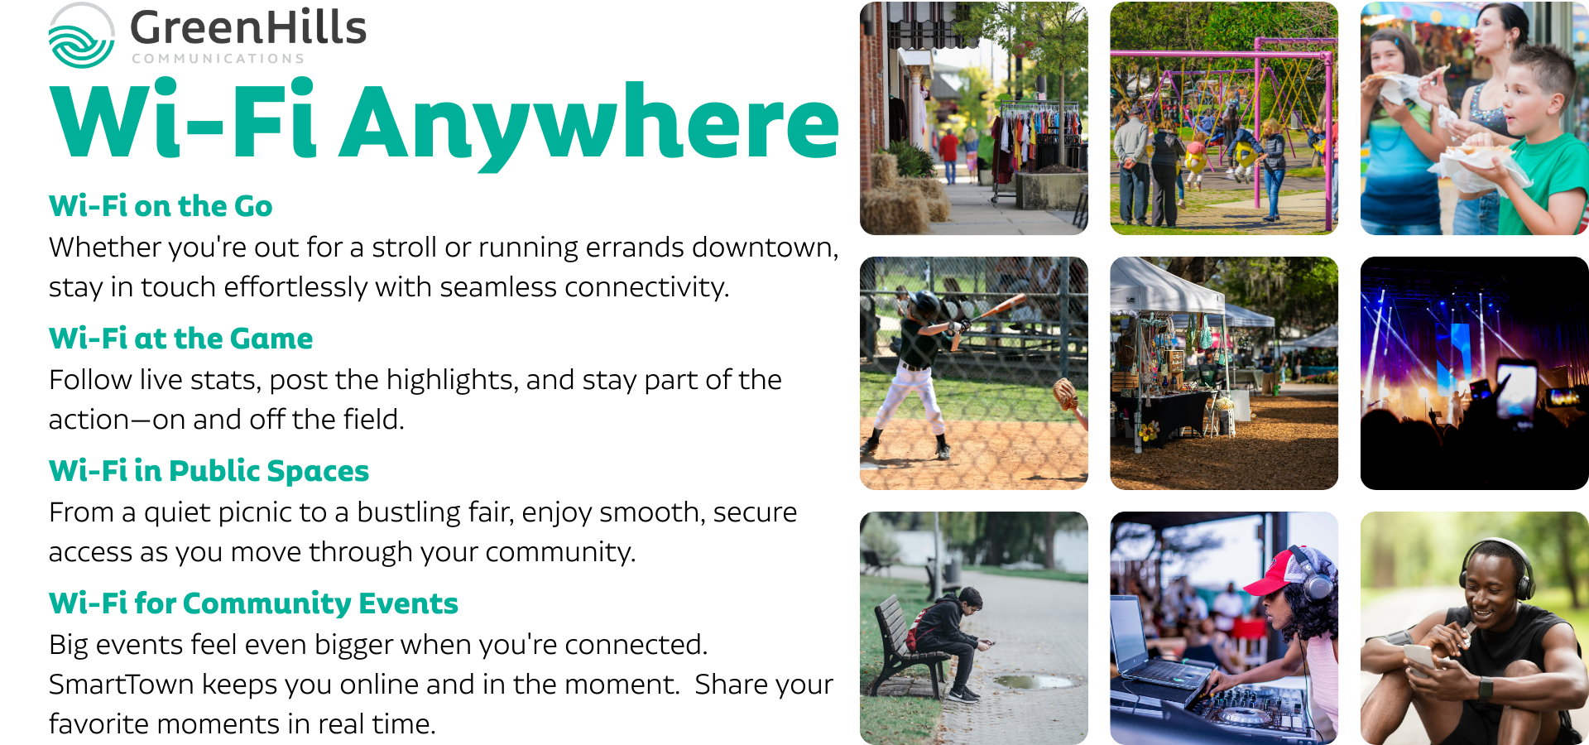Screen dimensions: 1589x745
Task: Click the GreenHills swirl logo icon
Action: click(x=81, y=36)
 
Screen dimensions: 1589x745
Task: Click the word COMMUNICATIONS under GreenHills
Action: click(x=218, y=59)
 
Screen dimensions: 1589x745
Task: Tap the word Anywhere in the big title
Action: click(x=591, y=124)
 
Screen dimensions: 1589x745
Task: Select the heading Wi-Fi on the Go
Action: click(x=161, y=206)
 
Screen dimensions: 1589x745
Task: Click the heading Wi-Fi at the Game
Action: click(x=180, y=339)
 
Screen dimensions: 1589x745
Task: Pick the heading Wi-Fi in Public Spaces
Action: click(x=209, y=471)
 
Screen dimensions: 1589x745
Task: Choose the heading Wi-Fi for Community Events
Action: click(x=253, y=603)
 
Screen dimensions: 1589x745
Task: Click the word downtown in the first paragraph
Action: click(x=766, y=248)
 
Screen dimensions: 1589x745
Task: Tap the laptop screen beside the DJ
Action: click(x=1129, y=628)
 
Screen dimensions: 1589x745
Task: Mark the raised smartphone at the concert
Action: click(x=1516, y=389)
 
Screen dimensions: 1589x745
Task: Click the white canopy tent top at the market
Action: click(x=1163, y=286)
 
